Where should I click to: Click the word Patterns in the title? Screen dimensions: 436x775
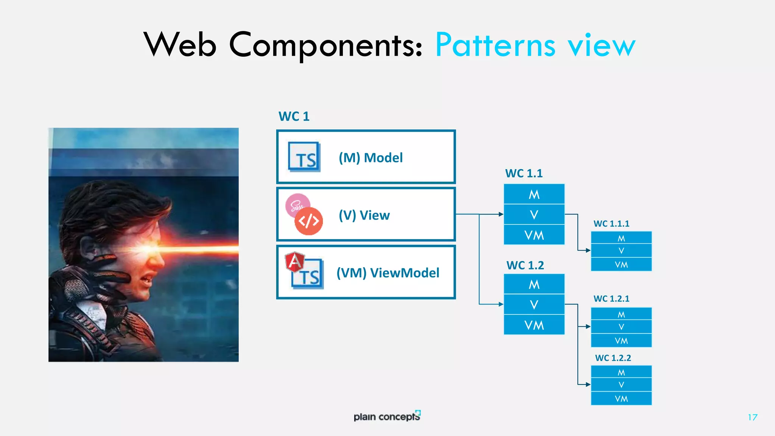pos(495,45)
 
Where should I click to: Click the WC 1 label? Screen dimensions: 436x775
pos(294,116)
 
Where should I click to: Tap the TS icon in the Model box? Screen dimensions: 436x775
pos(304,157)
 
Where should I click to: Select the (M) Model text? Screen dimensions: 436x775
pos(370,157)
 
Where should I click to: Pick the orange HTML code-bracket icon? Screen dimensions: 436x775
pos(309,221)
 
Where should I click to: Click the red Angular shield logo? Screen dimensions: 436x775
pos(294,262)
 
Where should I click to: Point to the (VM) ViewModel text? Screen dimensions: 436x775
pos(387,272)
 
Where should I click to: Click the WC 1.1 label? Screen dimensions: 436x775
pos(524,173)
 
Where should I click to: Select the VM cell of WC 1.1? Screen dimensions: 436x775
pos(534,235)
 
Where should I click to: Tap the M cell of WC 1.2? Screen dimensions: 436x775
pos(534,284)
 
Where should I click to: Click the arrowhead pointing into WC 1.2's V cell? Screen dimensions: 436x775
pos(501,304)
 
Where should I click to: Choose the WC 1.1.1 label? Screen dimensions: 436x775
pos(611,224)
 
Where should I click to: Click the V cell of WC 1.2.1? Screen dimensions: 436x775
pos(621,327)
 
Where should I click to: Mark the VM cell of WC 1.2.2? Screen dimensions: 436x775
pos(621,399)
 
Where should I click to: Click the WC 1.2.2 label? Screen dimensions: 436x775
pos(613,358)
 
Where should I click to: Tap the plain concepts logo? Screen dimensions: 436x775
pos(387,416)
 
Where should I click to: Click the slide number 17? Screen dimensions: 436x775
pos(752,417)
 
